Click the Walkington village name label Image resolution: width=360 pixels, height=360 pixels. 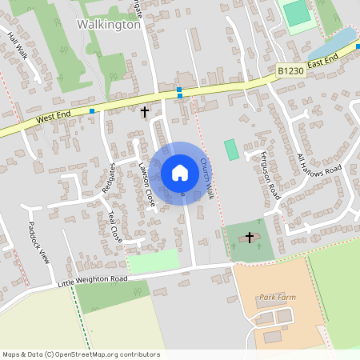109,24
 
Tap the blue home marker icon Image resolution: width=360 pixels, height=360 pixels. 180,173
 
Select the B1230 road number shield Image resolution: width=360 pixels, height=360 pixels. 290,71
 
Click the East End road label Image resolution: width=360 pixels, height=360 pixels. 322,61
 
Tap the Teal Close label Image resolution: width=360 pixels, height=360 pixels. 116,226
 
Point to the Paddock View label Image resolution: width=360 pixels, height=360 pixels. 39,242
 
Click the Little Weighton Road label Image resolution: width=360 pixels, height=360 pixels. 93,280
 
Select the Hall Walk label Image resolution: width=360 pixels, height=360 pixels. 18,46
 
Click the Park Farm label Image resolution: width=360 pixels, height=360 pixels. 277,297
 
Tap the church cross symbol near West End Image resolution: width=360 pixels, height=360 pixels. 145,112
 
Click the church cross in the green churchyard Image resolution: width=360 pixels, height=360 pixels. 250,238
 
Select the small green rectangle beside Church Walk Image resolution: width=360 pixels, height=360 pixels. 231,149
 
